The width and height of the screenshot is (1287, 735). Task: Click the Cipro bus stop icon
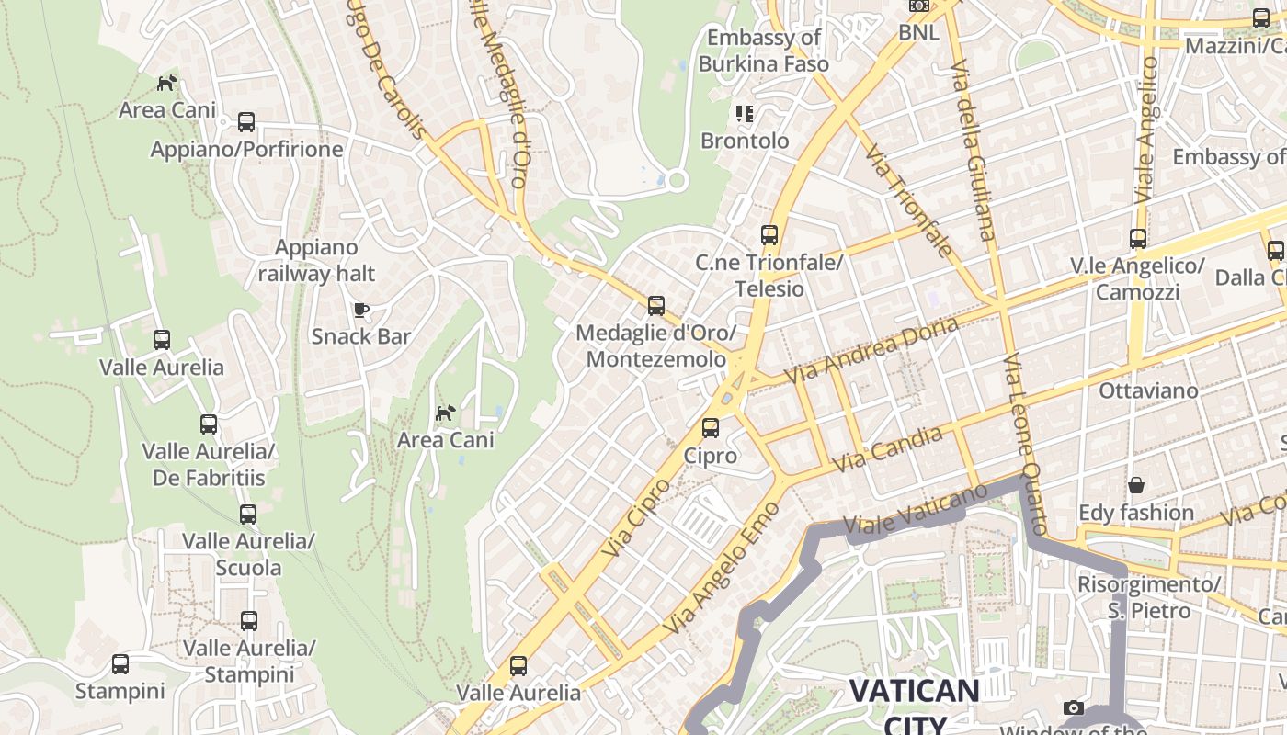pyautogui.click(x=710, y=427)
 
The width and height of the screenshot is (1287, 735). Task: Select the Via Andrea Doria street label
pyautogui.click(x=871, y=350)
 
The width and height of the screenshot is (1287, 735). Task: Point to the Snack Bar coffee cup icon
pyautogui.click(x=361, y=310)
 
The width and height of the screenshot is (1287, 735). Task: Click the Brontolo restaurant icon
pyautogui.click(x=744, y=114)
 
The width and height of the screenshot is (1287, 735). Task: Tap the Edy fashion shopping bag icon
pyautogui.click(x=1136, y=485)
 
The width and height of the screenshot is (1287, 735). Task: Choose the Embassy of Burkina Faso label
pyautogui.click(x=763, y=51)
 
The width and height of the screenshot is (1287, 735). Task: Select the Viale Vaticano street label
pyautogui.click(x=916, y=511)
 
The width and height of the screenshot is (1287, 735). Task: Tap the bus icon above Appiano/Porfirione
pyautogui.click(x=245, y=121)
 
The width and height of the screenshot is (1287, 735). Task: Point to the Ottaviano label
pyautogui.click(x=1148, y=391)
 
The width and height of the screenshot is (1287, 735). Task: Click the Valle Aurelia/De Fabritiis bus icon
pyautogui.click(x=209, y=424)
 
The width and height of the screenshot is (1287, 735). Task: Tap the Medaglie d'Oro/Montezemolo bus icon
pyautogui.click(x=655, y=306)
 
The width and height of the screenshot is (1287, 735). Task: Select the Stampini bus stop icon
pyautogui.click(x=120, y=664)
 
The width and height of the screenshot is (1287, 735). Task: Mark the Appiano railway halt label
pyautogui.click(x=316, y=260)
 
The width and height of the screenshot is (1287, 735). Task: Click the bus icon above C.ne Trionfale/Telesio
pyautogui.click(x=769, y=235)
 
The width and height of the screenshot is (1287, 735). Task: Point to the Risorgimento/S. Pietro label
pyautogui.click(x=1149, y=597)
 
